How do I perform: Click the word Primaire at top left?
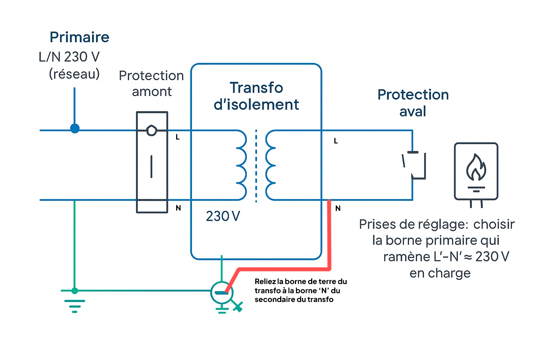(79, 37)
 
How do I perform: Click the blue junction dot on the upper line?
(75, 128)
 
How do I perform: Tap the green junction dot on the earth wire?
(75, 290)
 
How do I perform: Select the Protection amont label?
(151, 84)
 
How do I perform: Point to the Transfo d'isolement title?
(256, 96)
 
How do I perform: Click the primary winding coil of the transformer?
(241, 165)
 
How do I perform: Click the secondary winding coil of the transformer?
(270, 165)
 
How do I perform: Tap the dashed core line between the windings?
(256, 165)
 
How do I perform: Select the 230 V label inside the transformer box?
(223, 216)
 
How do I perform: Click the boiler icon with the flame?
(476, 172)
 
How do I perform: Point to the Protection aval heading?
(413, 103)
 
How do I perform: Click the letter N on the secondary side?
(338, 208)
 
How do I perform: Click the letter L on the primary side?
(178, 137)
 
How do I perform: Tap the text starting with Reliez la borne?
(301, 290)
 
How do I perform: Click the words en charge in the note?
(440, 273)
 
